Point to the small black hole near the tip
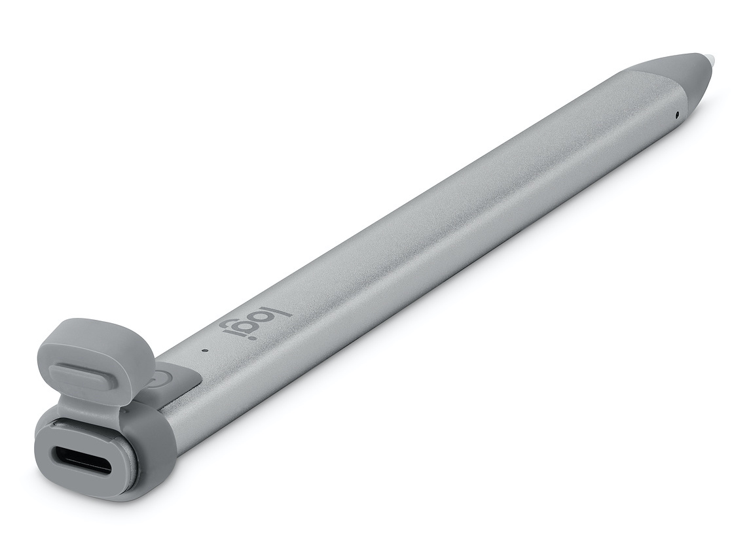pyautogui.click(x=676, y=114)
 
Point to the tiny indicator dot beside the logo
pyautogui.click(x=205, y=350)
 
